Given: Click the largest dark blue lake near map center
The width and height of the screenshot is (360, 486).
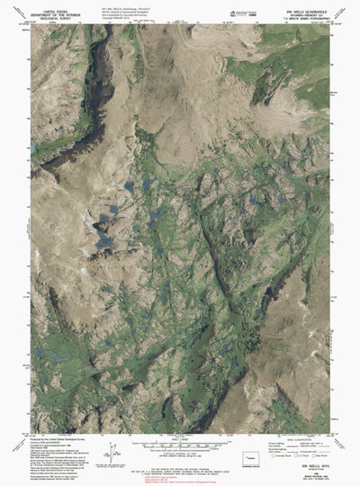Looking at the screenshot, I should [104, 237].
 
